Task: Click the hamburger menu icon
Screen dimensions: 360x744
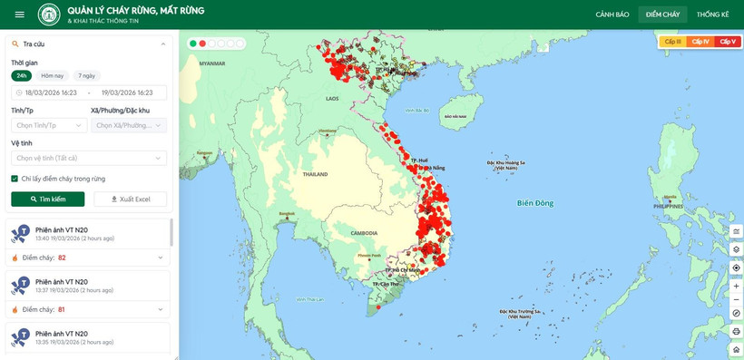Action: pyautogui.click(x=19, y=15)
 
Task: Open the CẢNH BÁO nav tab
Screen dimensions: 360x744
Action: pyautogui.click(x=612, y=15)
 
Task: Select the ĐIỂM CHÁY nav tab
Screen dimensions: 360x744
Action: pyautogui.click(x=663, y=15)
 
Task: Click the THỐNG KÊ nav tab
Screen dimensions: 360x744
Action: pyautogui.click(x=712, y=15)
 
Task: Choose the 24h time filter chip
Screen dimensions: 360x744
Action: pyautogui.click(x=22, y=76)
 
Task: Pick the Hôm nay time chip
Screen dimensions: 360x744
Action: pyautogui.click(x=53, y=76)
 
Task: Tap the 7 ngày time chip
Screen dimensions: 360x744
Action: pyautogui.click(x=87, y=76)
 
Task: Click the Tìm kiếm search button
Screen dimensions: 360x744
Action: pyautogui.click(x=48, y=199)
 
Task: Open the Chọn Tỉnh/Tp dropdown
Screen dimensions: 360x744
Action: pyautogui.click(x=48, y=125)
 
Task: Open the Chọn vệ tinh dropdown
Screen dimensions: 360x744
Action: pyautogui.click(x=89, y=158)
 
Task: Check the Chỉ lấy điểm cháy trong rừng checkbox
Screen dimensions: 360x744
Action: pyautogui.click(x=15, y=179)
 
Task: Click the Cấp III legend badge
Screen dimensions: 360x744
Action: pyautogui.click(x=672, y=42)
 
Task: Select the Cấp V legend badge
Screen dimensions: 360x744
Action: pyautogui.click(x=728, y=42)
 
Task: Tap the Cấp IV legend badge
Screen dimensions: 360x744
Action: pyautogui.click(x=700, y=42)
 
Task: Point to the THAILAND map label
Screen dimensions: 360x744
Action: pyautogui.click(x=315, y=174)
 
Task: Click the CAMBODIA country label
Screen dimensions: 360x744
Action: pyautogui.click(x=364, y=233)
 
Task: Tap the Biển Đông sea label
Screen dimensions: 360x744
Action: pyautogui.click(x=534, y=203)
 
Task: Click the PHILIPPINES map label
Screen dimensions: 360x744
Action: pyautogui.click(x=668, y=206)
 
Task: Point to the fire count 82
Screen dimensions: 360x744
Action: pyautogui.click(x=62, y=258)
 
